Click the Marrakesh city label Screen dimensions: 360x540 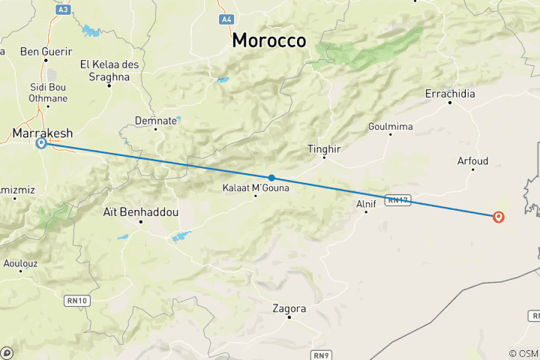coord(42,133)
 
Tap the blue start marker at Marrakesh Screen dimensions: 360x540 coord(42,144)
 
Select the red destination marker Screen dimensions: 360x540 coord(498,217)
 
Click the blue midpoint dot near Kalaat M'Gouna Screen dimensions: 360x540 coord(271,178)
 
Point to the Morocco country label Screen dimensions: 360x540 coord(268,40)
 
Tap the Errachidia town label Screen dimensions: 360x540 coord(450,94)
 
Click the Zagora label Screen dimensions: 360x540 coord(289,308)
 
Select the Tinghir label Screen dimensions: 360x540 coord(324,149)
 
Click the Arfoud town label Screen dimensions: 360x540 coord(472,160)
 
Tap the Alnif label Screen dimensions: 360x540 coord(365,202)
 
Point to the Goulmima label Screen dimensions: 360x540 coord(390,127)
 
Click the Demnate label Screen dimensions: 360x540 coord(155,120)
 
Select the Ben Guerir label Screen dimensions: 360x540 coord(46,52)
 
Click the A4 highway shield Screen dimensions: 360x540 coord(225,18)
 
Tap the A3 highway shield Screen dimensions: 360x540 coord(63,9)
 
